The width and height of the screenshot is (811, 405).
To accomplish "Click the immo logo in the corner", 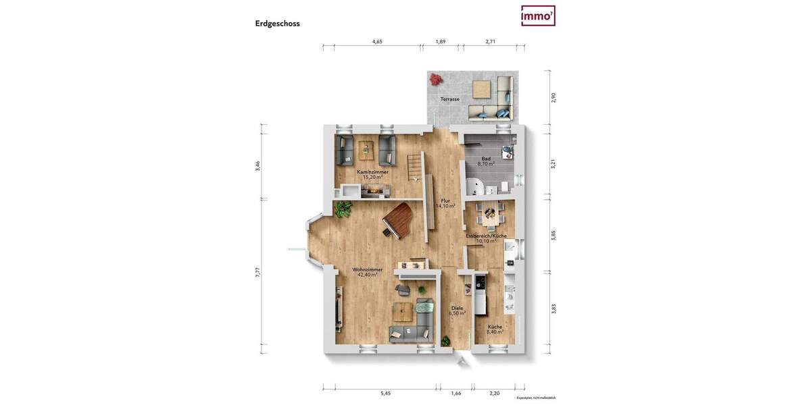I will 538,16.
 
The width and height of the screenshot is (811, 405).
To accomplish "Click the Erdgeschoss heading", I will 277,24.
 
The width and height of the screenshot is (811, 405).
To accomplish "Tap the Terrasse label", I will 450,99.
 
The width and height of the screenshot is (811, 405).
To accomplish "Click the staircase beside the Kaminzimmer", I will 413,167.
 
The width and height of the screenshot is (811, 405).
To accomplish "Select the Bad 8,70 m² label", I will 486,161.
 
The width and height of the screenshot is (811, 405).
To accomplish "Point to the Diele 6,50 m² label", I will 458,310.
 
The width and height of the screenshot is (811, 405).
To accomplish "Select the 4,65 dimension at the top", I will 377,42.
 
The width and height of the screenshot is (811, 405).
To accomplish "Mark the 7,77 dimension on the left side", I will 258,273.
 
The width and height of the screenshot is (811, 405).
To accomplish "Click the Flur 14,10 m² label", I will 445,204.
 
